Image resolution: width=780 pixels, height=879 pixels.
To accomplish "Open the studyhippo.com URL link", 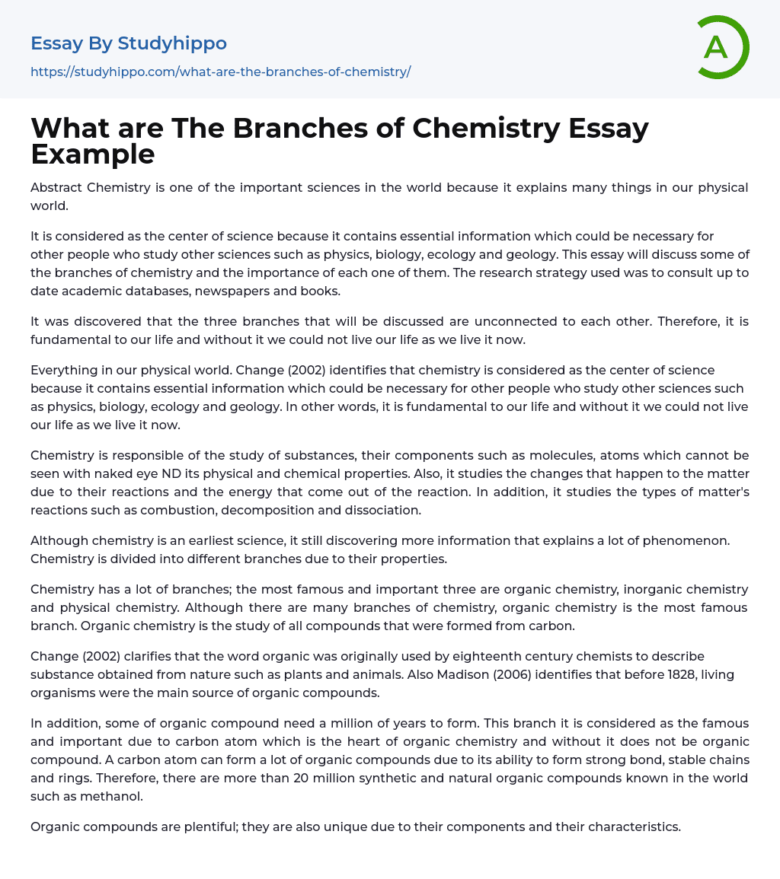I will (220, 72).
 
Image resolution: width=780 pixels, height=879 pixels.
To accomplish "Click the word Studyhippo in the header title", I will (172, 43).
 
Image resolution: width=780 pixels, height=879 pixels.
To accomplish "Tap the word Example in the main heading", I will (93, 154).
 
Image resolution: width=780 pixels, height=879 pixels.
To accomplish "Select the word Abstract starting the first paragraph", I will (56, 187).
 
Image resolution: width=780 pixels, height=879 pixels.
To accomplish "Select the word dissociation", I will (380, 510).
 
